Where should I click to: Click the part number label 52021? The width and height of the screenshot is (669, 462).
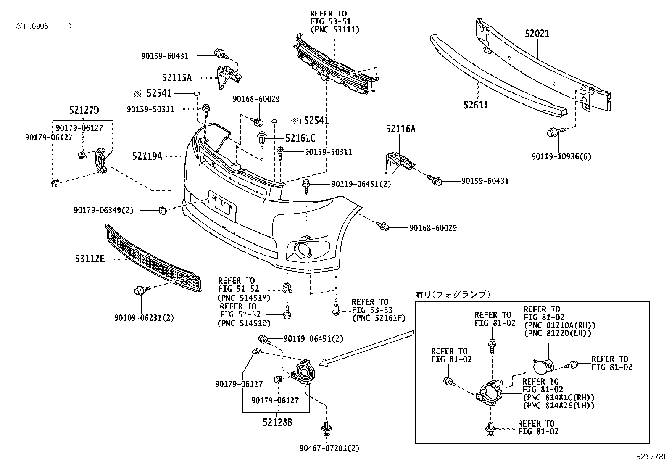click(537, 33)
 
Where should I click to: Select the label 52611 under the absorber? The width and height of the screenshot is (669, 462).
click(476, 105)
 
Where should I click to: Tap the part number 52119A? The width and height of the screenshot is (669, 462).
click(147, 156)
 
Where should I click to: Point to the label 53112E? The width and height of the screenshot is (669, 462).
click(90, 259)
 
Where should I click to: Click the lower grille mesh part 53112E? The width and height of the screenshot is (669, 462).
click(154, 259)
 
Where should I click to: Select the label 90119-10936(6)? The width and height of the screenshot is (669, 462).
click(561, 156)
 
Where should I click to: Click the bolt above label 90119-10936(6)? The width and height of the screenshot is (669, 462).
click(551, 133)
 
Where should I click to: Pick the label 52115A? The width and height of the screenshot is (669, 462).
click(176, 77)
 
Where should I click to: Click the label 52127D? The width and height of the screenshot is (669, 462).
click(84, 110)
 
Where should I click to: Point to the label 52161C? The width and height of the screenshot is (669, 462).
click(300, 137)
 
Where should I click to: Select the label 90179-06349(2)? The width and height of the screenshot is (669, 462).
click(103, 210)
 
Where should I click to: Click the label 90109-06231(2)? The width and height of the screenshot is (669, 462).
click(144, 318)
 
